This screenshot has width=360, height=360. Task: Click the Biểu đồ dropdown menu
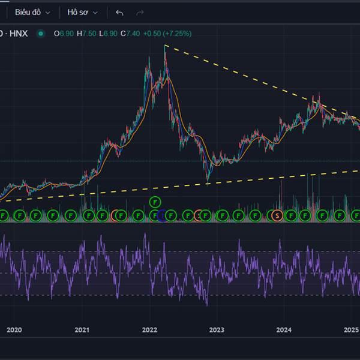pos(32,12)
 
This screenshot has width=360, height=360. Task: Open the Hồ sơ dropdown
pos(82,12)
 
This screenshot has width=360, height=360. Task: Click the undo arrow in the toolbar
pos(120,12)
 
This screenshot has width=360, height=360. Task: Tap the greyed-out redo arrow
pos(140,12)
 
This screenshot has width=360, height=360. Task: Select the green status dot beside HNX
pos(41,34)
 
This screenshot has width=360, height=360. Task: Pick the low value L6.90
pos(109,34)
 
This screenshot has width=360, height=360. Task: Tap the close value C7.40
pos(131,34)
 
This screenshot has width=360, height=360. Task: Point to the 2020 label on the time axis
pos(14,329)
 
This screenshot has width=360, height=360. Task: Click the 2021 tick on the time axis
pos(82,329)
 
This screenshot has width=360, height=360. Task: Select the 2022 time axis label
pos(149,329)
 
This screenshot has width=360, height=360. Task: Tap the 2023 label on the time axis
pos(217,329)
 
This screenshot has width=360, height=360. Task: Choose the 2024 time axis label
pos(284,329)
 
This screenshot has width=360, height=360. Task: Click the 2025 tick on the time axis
pos(352,329)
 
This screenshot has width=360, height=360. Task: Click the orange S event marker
pos(277,215)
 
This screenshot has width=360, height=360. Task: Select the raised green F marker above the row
pos(155,202)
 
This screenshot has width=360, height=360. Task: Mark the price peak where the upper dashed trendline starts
pos(164,46)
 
